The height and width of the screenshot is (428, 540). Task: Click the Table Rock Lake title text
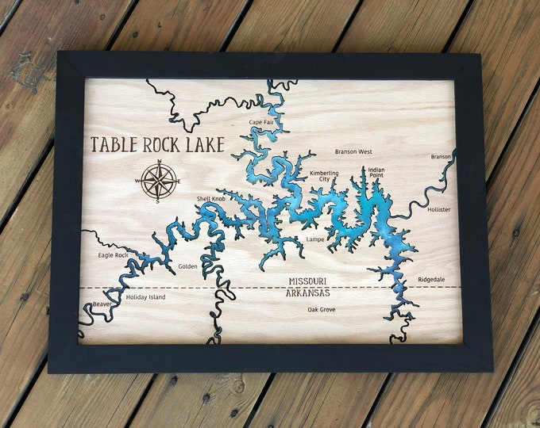157,144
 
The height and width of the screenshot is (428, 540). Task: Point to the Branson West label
353,151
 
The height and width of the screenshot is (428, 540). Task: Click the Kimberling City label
324,176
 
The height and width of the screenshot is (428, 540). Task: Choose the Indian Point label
376,173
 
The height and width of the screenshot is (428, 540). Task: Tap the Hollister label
438,209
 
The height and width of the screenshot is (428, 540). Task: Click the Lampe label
315,239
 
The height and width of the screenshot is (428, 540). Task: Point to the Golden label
187,266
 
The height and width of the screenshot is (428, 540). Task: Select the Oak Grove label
322,309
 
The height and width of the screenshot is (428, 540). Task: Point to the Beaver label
102,304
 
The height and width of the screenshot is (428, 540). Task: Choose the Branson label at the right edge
441,156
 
